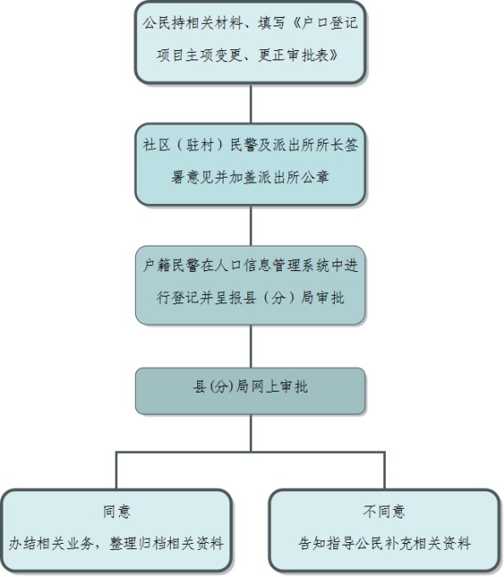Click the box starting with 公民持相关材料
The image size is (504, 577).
pos(250,42)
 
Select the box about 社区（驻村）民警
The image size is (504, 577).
pos(250,164)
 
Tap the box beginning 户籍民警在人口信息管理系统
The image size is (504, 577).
pos(250,286)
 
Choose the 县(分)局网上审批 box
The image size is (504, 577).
pos(250,391)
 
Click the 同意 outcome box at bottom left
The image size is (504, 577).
pos(116,530)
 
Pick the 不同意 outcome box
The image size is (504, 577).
pos(384,530)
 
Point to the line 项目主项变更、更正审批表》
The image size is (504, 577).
pos(247,55)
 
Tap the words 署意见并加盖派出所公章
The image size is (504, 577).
pos(250,178)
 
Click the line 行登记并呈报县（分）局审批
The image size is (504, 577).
pos(251,297)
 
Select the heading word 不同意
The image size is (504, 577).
pos(384,512)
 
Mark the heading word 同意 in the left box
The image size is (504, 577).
pos(116,512)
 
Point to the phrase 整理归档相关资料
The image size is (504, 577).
pos(167,544)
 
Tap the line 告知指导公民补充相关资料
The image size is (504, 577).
pos(385,544)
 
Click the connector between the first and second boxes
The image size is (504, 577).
pos(251,104)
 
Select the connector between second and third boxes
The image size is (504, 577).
pos(251,225)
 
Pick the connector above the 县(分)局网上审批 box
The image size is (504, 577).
pos(251,346)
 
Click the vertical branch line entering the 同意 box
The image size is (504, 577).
pos(116,470)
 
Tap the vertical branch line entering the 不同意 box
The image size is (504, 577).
pos(385,470)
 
